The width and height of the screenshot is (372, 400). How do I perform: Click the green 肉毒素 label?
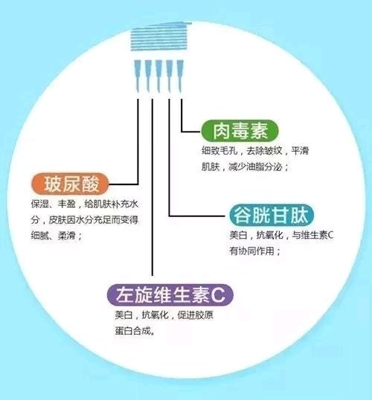pyautogui.click(x=240, y=132)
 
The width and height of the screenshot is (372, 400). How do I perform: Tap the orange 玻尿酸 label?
pyautogui.click(x=70, y=184)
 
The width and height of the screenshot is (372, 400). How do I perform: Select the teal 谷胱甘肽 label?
pyautogui.click(x=272, y=216)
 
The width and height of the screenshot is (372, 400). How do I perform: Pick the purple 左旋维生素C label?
pyautogui.click(x=170, y=295)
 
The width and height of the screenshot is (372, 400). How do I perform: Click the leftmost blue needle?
pyautogui.click(x=138, y=76)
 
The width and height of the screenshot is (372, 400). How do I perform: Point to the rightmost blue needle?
pyautogui.click(x=180, y=76)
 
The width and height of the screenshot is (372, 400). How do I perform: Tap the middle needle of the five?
pyautogui.click(x=158, y=76)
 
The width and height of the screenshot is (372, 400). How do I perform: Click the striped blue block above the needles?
pyautogui.click(x=161, y=36)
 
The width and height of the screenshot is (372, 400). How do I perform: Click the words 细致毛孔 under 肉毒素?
pyautogui.click(x=219, y=150)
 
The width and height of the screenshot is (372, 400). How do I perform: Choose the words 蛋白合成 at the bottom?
pyautogui.click(x=132, y=331)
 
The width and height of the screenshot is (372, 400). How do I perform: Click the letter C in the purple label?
pyautogui.click(x=219, y=296)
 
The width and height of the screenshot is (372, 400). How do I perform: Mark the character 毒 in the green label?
pyautogui.click(x=240, y=132)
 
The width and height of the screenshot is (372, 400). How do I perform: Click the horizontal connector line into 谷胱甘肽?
pyautogui.click(x=197, y=216)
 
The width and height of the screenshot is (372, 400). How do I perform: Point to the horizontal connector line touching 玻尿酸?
pyautogui.click(x=124, y=184)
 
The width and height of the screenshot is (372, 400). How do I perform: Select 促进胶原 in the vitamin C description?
pyautogui.click(x=196, y=315)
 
